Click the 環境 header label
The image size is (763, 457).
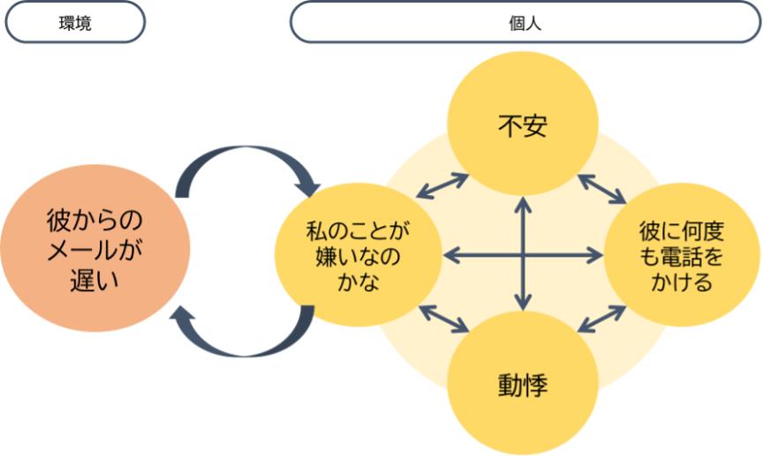click(x=74, y=23)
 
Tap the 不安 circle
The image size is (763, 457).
click(x=523, y=126)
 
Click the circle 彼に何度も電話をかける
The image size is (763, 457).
click(x=681, y=256)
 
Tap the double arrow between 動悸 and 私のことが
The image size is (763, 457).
click(x=443, y=318)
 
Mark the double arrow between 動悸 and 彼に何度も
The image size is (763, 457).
click(x=603, y=318)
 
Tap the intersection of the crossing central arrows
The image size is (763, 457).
click(x=523, y=256)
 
